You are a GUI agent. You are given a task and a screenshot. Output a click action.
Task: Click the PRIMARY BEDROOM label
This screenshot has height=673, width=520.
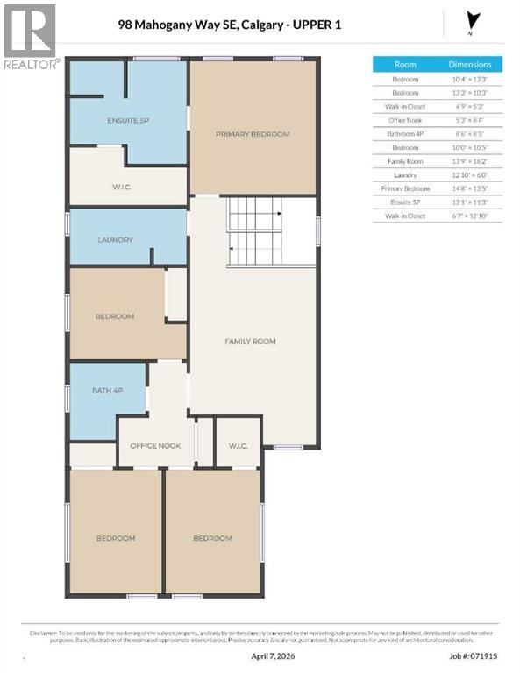[253, 134]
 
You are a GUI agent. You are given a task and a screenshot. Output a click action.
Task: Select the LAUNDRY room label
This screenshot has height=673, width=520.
[115, 239]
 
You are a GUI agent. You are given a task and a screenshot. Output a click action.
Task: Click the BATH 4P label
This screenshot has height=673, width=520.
[107, 390]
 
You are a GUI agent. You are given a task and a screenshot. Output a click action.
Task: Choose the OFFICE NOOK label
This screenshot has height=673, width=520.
[155, 446]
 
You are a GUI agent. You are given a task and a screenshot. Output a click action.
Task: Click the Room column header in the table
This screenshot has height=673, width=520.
[405, 64]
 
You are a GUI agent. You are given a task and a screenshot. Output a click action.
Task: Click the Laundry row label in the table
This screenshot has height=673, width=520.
[405, 174]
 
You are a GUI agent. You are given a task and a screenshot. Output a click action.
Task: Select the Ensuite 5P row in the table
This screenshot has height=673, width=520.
[405, 202]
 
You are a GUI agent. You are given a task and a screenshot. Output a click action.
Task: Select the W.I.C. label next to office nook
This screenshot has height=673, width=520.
[238, 446]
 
